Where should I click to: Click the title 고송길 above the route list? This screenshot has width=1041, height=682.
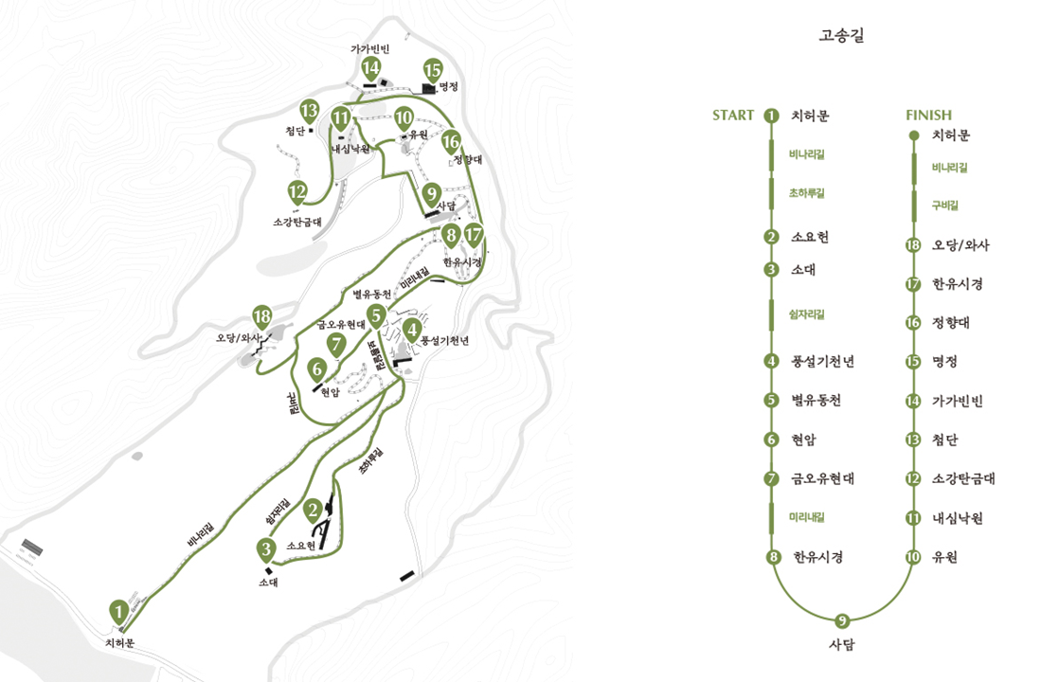click(x=841, y=37)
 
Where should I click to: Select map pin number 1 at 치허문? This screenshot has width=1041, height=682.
click(x=118, y=612)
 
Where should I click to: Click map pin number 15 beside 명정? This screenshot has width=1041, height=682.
click(x=433, y=70)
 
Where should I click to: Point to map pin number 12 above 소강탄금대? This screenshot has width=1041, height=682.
click(x=298, y=192)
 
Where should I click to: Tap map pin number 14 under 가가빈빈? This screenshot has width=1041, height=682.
click(x=370, y=68)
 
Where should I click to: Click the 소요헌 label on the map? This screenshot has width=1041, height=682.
click(x=300, y=546)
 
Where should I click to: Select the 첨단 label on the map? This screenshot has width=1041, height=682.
click(x=295, y=132)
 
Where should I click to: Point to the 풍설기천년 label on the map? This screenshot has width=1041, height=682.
click(x=445, y=339)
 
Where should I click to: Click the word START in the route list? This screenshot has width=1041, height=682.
click(x=733, y=116)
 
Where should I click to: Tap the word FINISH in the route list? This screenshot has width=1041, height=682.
click(x=928, y=116)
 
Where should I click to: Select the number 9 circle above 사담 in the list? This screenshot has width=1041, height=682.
click(x=842, y=621)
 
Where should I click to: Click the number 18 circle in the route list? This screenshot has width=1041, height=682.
click(x=913, y=245)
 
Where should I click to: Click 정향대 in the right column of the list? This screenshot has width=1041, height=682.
click(x=950, y=323)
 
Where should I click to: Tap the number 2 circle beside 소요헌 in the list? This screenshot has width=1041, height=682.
click(x=772, y=238)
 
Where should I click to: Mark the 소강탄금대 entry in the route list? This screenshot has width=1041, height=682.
click(x=963, y=478)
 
